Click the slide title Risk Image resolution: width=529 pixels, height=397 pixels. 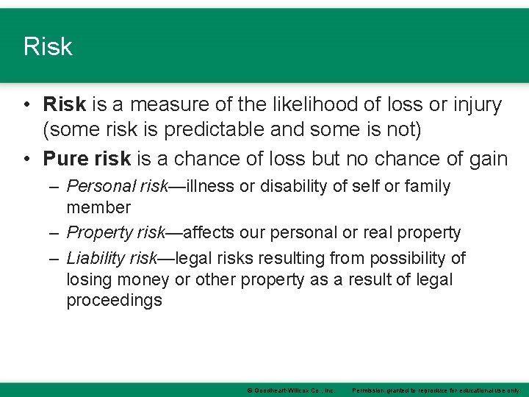coord(48,47)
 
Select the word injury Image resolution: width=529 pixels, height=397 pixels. coord(471,105)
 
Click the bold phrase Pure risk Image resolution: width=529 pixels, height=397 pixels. coord(87,158)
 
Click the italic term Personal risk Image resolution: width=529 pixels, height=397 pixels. coord(118,187)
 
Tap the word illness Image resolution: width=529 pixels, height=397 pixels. coord(212,187)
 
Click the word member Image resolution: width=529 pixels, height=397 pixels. coord(98,208)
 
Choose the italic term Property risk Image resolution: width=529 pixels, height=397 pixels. coord(115,233)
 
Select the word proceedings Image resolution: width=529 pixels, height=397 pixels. coord(114,301)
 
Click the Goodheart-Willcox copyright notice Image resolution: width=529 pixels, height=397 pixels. coord(291,390)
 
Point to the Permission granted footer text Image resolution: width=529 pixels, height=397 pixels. coord(436,390)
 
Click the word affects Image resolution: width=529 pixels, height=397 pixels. coord(210,233)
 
